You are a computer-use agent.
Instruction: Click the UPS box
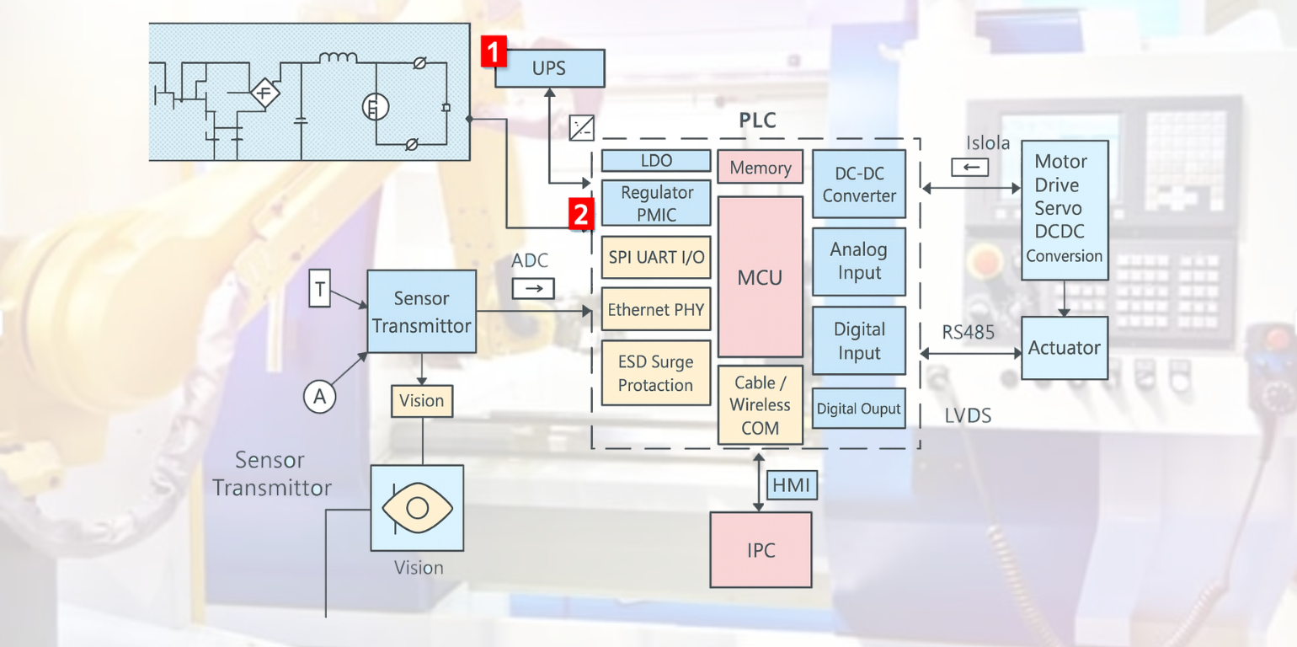click(x=549, y=68)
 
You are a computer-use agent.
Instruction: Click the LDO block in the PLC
click(x=656, y=160)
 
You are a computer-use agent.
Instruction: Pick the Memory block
click(x=760, y=167)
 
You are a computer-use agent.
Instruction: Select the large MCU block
click(x=760, y=276)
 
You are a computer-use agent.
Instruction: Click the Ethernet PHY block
click(x=656, y=310)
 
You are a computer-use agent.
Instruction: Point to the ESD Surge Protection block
click(x=656, y=373)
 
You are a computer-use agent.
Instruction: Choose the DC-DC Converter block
click(x=859, y=184)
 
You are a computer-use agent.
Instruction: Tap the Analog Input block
click(x=859, y=261)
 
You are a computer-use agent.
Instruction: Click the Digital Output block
click(x=859, y=409)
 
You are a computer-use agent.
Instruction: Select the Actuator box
click(x=1064, y=348)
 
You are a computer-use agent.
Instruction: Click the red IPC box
click(x=761, y=550)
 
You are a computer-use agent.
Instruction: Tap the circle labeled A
click(x=319, y=396)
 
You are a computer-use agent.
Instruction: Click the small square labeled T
click(x=320, y=288)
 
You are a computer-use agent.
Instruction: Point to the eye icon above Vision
click(x=417, y=508)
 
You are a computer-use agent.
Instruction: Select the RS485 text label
click(x=969, y=333)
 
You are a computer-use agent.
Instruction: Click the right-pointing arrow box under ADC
click(x=534, y=289)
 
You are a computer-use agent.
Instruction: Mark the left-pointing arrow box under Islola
click(x=970, y=167)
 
